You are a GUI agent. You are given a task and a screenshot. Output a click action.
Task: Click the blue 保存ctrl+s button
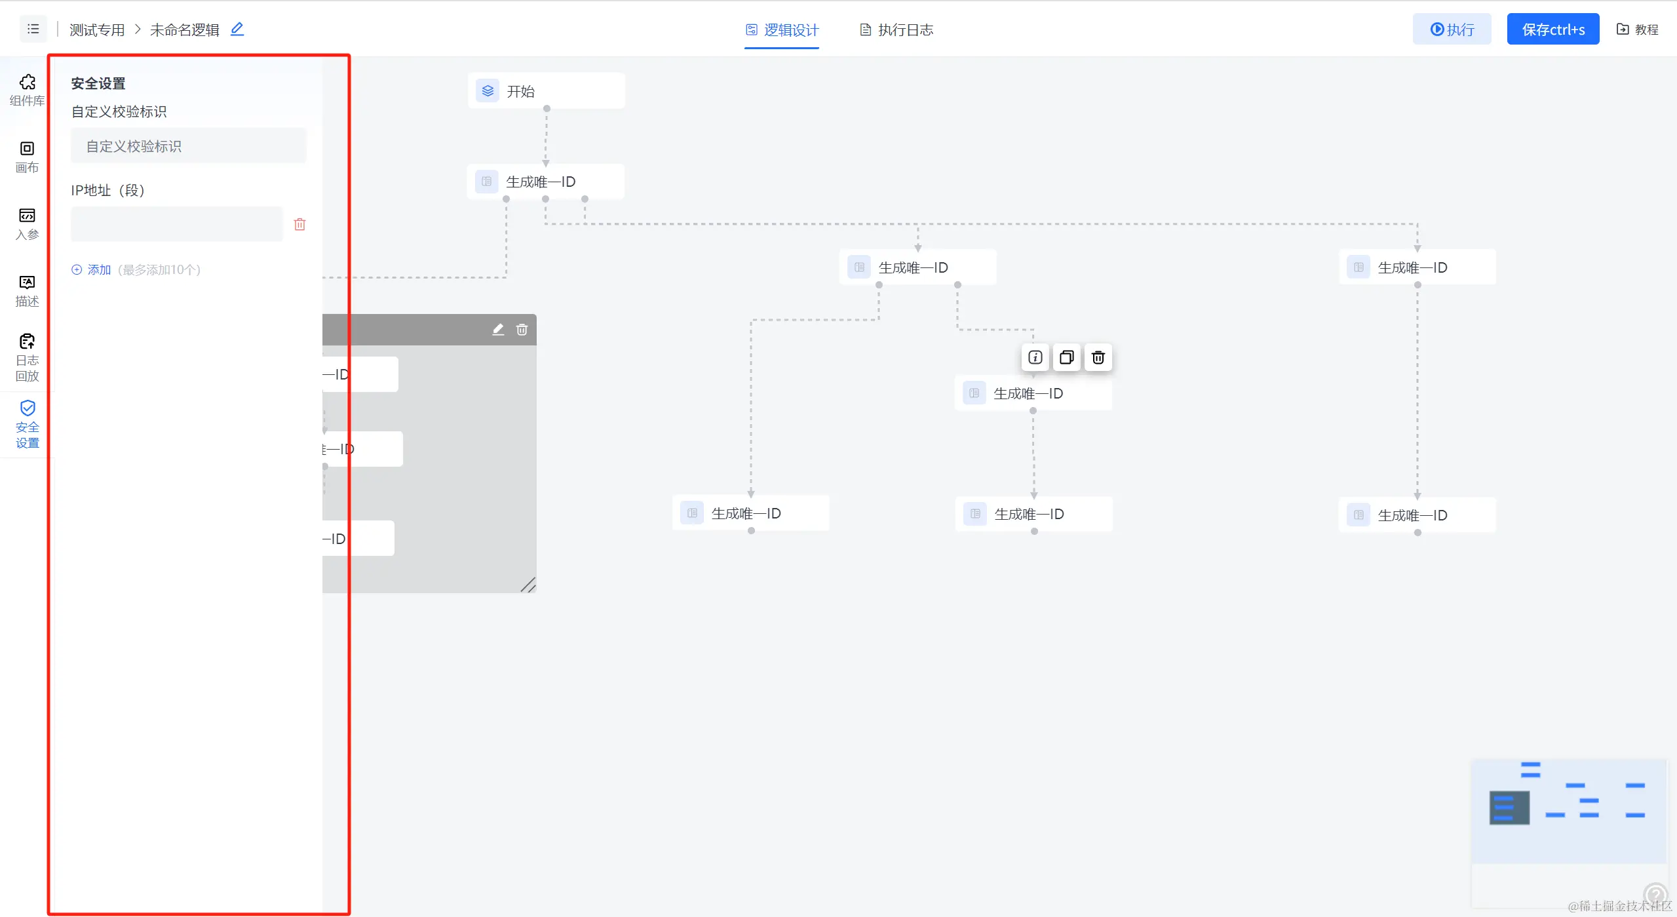[1552, 29]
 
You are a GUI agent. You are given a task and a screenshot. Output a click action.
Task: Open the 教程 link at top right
[1637, 29]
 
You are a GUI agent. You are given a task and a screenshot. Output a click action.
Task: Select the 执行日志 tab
[896, 29]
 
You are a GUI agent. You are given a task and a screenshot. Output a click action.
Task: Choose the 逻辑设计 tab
[782, 29]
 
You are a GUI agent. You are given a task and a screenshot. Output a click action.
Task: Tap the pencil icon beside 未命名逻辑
[237, 29]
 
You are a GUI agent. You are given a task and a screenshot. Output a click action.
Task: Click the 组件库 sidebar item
[27, 90]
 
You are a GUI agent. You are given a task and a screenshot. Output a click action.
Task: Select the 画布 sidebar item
[27, 157]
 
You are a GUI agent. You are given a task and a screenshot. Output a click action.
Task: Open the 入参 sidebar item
[27, 224]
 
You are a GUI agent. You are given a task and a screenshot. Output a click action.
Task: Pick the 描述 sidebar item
[27, 290]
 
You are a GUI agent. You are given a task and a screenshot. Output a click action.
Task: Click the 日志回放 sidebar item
[27, 358]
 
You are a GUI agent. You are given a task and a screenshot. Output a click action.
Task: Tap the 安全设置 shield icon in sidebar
[28, 408]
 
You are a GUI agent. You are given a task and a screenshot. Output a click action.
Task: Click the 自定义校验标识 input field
[188, 146]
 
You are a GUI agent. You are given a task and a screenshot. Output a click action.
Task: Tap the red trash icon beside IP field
[299, 224]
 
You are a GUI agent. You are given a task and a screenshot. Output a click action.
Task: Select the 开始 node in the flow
[546, 91]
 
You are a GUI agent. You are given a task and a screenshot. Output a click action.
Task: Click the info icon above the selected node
[1035, 357]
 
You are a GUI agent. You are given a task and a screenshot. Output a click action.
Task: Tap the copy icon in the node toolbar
[1066, 357]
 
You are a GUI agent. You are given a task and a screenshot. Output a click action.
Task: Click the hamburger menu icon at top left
[33, 29]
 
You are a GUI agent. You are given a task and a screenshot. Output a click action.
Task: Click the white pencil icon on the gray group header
[498, 330]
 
